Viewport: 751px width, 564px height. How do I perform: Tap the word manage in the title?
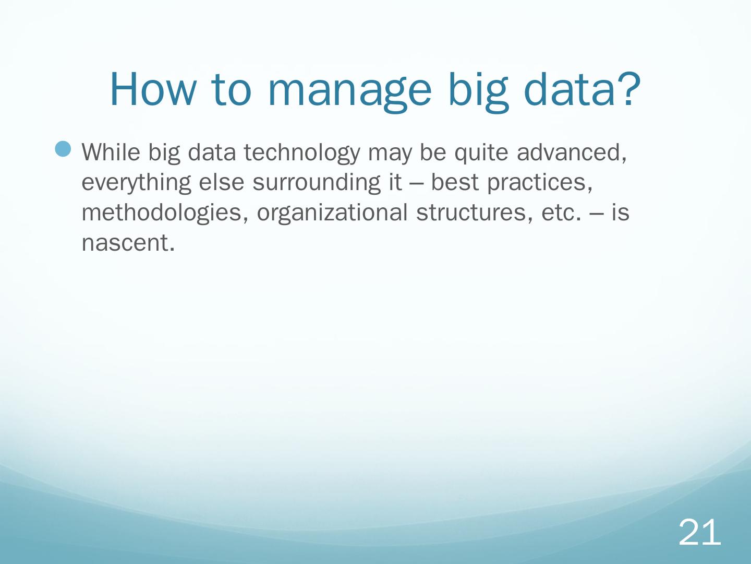pyautogui.click(x=349, y=93)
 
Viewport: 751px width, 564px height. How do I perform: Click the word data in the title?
pyautogui.click(x=570, y=89)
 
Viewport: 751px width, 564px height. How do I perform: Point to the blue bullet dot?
pyautogui.click(x=63, y=149)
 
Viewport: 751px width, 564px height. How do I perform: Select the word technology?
pyautogui.click(x=302, y=153)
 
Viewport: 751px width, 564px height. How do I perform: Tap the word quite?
pyautogui.click(x=481, y=153)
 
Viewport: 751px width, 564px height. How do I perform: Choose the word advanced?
pyautogui.click(x=572, y=152)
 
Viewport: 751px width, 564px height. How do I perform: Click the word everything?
pyautogui.click(x=136, y=183)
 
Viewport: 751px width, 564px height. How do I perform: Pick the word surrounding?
pyautogui.click(x=317, y=183)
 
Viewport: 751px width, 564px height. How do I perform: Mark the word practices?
pyautogui.click(x=540, y=183)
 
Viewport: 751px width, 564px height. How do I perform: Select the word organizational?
pyautogui.click(x=332, y=214)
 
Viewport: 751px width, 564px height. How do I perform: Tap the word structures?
pyautogui.click(x=474, y=213)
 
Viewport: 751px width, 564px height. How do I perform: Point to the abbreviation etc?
pyautogui.click(x=561, y=214)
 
